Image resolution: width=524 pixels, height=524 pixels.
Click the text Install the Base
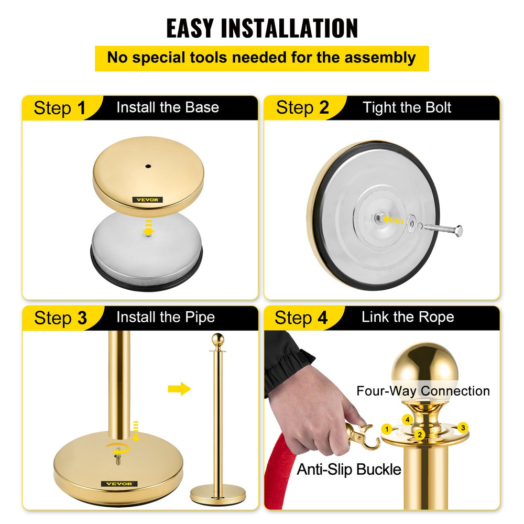pos(167,107)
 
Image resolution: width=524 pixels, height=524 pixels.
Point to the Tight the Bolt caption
pos(407,107)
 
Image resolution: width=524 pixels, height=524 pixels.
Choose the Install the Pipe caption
pos(165,317)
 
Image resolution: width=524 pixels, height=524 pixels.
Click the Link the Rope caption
pos(407,317)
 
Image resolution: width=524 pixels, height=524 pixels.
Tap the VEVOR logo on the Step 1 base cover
pos(147,200)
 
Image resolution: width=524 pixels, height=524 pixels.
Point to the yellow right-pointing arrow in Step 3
pos(179,389)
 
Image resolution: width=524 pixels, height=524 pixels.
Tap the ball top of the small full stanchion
pos(217,340)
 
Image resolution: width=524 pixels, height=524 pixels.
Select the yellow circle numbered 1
pos(387,429)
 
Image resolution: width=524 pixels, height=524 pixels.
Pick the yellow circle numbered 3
pos(462,427)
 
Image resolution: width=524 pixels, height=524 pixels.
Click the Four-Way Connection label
pos(423,391)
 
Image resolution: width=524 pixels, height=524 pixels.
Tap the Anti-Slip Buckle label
pos(349,469)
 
